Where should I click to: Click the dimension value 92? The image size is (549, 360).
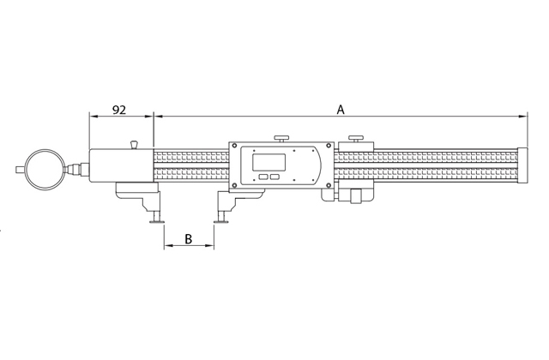pyautogui.click(x=118, y=110)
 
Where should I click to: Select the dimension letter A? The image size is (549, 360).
pyautogui.click(x=341, y=110)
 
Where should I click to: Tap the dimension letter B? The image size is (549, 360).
pyautogui.click(x=189, y=239)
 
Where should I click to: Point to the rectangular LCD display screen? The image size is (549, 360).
pyautogui.click(x=268, y=162)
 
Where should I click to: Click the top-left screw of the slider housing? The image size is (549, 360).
pyautogui.click(x=234, y=146)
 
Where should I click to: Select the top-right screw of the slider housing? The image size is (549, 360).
pyautogui.click(x=329, y=146)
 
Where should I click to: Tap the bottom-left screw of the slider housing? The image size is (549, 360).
pyautogui.click(x=234, y=185)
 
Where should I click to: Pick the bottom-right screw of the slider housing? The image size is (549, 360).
pyautogui.click(x=329, y=185)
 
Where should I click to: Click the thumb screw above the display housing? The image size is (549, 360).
pyautogui.click(x=281, y=138)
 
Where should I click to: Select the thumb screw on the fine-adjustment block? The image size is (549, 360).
pyautogui.click(x=356, y=138)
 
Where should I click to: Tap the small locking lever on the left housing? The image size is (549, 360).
pyautogui.click(x=134, y=144)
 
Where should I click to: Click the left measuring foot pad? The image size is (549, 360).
pyautogui.click(x=156, y=221)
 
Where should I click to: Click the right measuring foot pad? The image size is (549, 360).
pyautogui.click(x=221, y=221)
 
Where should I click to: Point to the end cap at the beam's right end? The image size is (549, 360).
pyautogui.click(x=522, y=165)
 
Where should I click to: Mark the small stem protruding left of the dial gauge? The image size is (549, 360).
pyautogui.click(x=21, y=170)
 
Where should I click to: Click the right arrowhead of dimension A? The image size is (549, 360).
pyautogui.click(x=523, y=117)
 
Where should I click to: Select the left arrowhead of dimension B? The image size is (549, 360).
pyautogui.click(x=168, y=246)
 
